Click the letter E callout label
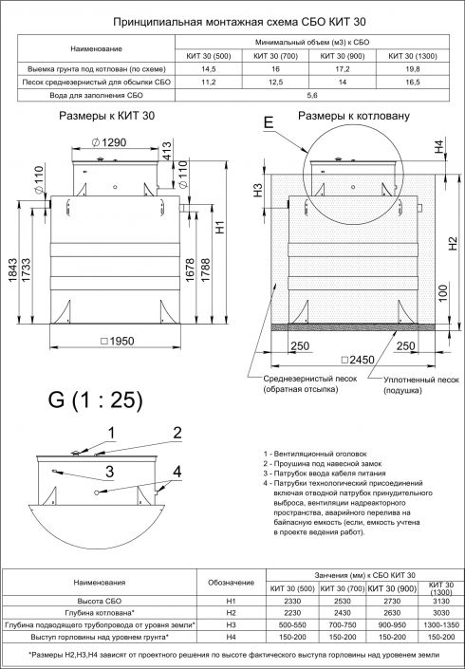pos(268,124)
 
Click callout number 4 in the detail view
pos(177,471)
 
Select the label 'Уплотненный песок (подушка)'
pos(419,384)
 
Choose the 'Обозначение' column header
pos(226,582)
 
